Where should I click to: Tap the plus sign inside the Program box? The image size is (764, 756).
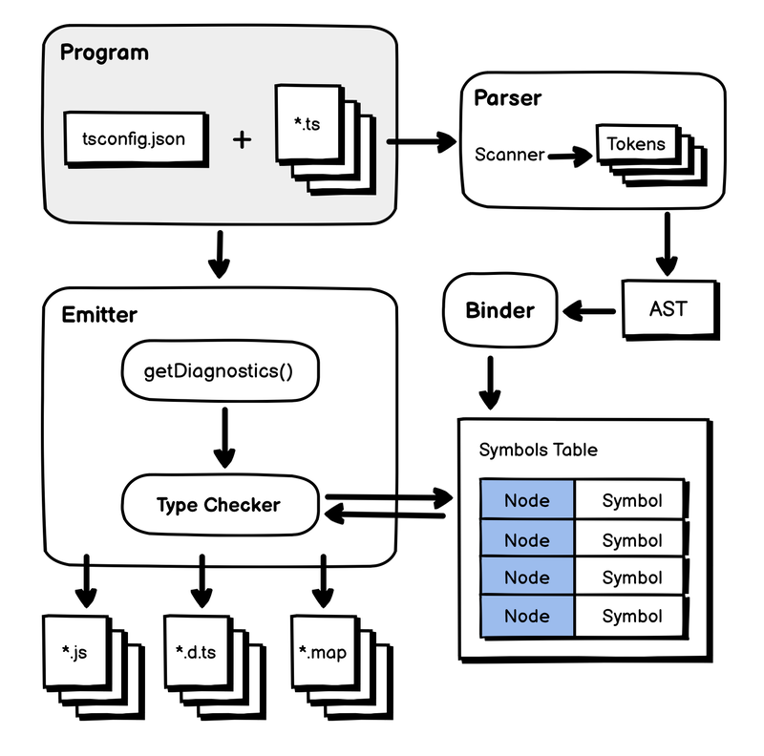243,139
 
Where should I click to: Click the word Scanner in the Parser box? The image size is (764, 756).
509,154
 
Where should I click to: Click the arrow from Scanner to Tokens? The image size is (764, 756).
570,155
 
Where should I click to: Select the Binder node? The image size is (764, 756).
499,310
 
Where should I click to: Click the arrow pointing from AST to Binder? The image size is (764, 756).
588,310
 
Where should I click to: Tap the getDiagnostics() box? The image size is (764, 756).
218,369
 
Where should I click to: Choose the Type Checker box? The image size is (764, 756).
219,504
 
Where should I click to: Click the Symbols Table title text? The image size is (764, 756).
539,450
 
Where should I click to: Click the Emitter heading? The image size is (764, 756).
98,314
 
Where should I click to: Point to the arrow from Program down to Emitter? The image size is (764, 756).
219,254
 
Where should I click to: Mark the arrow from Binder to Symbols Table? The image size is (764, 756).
490,381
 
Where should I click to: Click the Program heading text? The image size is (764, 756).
104,52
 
